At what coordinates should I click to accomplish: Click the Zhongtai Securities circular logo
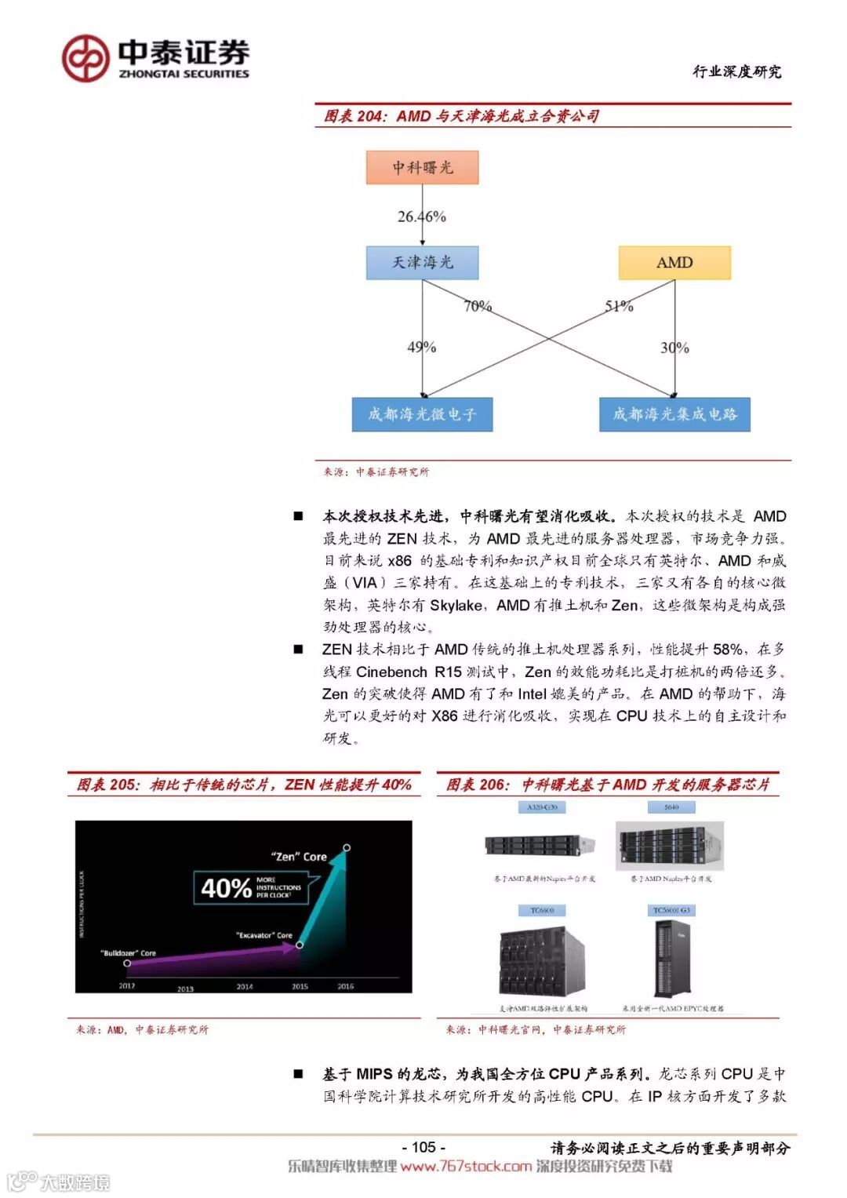[85, 59]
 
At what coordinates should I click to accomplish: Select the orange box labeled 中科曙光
[422, 168]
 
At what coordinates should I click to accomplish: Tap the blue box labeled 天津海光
[422, 262]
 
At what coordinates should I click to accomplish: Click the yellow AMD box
[674, 263]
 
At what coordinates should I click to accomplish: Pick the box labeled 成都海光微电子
[422, 414]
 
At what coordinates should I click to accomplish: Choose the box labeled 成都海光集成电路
[674, 414]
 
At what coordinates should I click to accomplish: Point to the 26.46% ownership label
[421, 217]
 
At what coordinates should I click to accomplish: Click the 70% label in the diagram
[478, 306]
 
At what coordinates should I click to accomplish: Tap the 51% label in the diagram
[619, 306]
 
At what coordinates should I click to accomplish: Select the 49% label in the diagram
[421, 347]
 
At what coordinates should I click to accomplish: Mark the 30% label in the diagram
[674, 347]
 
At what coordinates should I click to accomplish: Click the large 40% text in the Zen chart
[226, 888]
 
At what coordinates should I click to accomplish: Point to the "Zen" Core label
[299, 857]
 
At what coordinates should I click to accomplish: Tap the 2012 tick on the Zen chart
[127, 986]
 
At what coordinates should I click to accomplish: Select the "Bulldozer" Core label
[129, 953]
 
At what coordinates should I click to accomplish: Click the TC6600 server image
[542, 962]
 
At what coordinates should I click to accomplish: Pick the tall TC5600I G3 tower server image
[671, 959]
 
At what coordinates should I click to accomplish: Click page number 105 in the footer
[423, 1147]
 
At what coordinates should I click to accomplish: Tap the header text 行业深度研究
[736, 72]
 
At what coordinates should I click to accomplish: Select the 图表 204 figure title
[461, 116]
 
